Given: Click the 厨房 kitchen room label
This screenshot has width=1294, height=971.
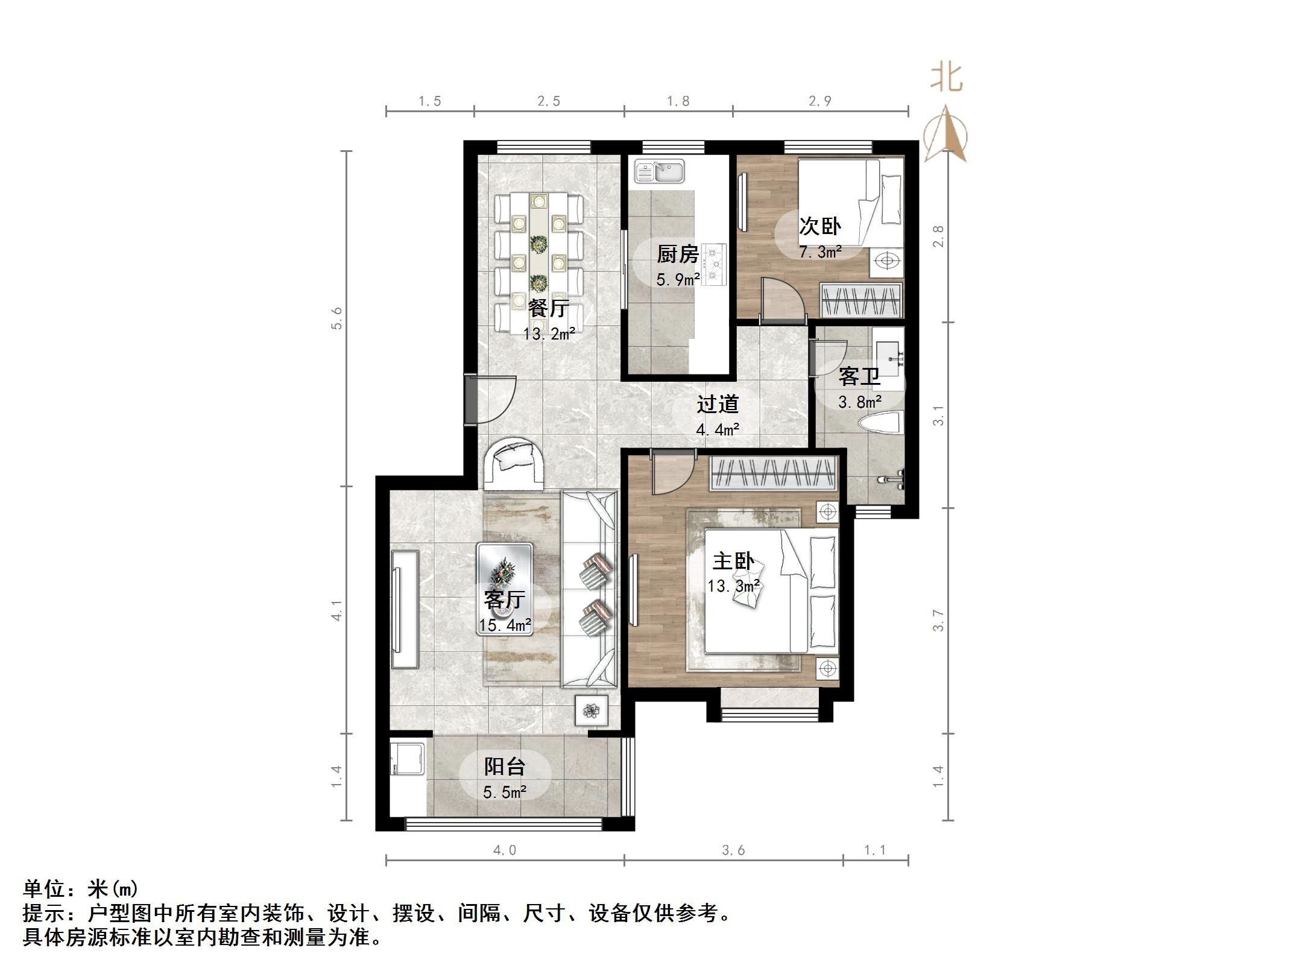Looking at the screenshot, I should tap(678, 255).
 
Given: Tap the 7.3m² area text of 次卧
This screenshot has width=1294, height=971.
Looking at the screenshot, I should tap(820, 252).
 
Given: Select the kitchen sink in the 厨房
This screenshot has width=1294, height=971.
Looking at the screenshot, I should tap(659, 171).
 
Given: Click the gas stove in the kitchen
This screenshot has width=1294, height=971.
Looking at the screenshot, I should tap(715, 263).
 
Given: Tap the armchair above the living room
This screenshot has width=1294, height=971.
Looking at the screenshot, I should tap(514, 463).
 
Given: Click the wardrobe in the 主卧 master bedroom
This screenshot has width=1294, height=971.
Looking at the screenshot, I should tap(774, 474).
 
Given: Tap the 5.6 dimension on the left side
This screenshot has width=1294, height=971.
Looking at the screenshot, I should tap(336, 318).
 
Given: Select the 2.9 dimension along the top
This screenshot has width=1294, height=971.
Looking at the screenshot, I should tap(820, 101).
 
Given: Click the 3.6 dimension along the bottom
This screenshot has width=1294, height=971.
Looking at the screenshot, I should tap(733, 850).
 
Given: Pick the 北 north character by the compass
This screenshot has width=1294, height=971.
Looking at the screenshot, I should tap(946, 78).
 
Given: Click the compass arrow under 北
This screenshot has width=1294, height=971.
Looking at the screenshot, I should tap(945, 136).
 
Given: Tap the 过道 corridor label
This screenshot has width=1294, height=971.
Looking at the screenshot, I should tap(718, 404).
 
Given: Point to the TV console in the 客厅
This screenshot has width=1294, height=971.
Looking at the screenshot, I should tap(405, 609).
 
